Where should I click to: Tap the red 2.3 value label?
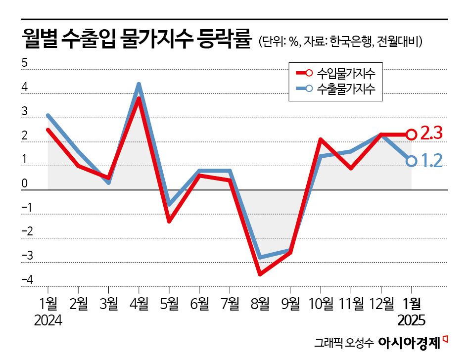[431, 134]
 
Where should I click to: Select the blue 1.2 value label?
[431, 160]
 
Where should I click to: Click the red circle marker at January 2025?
[411, 134]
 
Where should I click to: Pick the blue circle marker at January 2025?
[411, 161]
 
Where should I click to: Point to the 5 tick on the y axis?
[24, 64]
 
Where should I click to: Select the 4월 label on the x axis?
[139, 304]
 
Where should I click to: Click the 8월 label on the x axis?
[260, 304]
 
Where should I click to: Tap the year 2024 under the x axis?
[48, 321]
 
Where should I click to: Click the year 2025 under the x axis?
[412, 321]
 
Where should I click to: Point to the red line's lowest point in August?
[260, 273]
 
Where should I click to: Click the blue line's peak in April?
[139, 85]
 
